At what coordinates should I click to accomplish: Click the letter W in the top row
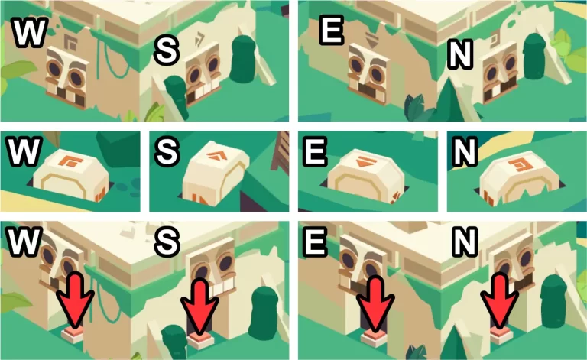(30, 33)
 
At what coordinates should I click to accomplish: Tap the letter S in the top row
(167, 51)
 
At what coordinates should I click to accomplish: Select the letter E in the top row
(331, 31)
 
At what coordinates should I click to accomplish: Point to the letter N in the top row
(460, 55)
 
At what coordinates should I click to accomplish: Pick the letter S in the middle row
(167, 151)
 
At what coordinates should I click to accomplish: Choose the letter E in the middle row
(315, 151)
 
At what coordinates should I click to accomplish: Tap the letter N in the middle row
(464, 151)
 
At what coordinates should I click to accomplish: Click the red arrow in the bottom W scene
(75, 300)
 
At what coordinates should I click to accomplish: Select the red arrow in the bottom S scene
(200, 306)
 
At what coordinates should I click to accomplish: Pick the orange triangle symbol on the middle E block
(364, 162)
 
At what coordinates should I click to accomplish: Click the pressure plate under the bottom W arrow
(73, 335)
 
